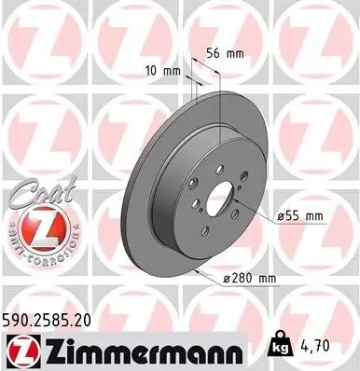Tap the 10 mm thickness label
[161, 71]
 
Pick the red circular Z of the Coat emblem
[35, 228]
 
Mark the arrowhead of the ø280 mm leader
[198, 271]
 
